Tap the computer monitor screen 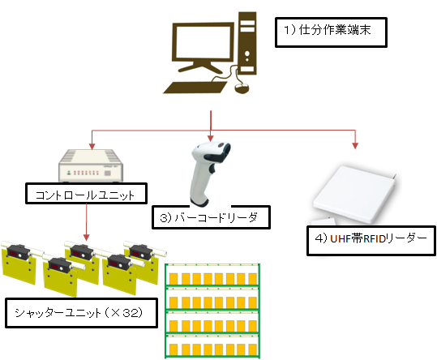[x=204, y=41]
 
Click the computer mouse [x=242, y=88]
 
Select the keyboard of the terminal [x=195, y=88]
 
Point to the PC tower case [x=247, y=43]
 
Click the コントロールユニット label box [x=86, y=193]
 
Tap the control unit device [x=91, y=165]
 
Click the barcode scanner [x=209, y=174]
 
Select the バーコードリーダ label [x=211, y=217]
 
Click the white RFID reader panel [x=356, y=195]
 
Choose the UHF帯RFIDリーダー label [x=371, y=241]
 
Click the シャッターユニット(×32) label [x=81, y=313]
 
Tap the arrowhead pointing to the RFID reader [x=355, y=146]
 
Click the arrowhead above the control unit [x=92, y=146]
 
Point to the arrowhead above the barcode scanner [x=211, y=138]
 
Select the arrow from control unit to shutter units [x=87, y=222]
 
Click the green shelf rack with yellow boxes [x=212, y=311]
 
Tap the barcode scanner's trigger [x=212, y=169]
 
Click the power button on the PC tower [x=247, y=54]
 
